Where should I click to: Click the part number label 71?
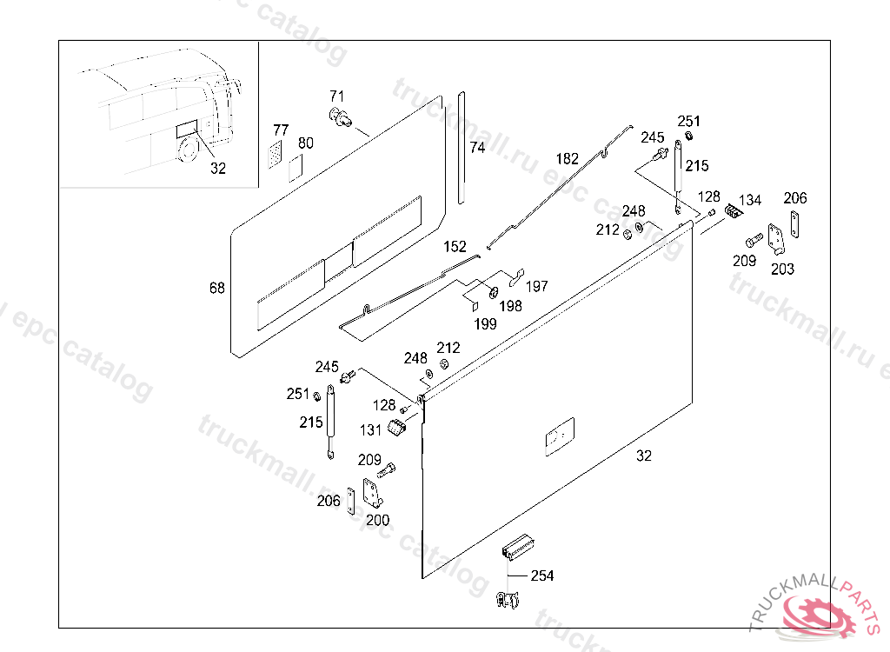337,95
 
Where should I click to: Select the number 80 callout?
305,143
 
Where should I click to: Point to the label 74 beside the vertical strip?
477,148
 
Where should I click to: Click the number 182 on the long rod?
567,159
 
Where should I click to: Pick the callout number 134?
750,200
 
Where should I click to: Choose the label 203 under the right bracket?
782,269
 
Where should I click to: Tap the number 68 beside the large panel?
217,288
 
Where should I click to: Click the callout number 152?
455,246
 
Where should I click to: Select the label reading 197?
537,286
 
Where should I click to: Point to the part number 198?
510,305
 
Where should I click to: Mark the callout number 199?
485,323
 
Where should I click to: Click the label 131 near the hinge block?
372,429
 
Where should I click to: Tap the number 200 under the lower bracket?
377,520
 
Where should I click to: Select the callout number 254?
541,575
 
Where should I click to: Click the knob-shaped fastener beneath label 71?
340,117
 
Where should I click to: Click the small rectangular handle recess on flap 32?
558,436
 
